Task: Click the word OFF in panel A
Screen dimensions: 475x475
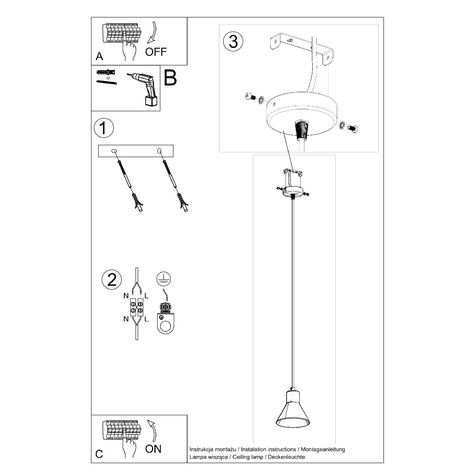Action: click(x=156, y=52)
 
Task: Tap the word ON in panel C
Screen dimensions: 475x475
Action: click(x=153, y=449)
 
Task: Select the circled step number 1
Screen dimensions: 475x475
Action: click(x=104, y=128)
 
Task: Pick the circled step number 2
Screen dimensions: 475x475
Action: click(x=112, y=279)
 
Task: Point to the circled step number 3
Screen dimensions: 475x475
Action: click(x=233, y=41)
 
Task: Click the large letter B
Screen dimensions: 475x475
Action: click(x=170, y=78)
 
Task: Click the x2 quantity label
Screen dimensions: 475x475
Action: click(x=108, y=78)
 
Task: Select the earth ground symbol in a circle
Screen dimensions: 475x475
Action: click(x=163, y=279)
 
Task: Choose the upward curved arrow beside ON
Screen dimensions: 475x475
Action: click(x=152, y=430)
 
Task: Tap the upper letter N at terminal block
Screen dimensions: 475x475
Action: click(x=126, y=296)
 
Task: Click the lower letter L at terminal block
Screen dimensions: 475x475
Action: click(x=146, y=319)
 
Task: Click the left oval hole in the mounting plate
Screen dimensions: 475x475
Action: click(x=114, y=151)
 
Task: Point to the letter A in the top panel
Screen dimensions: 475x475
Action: click(x=99, y=57)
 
